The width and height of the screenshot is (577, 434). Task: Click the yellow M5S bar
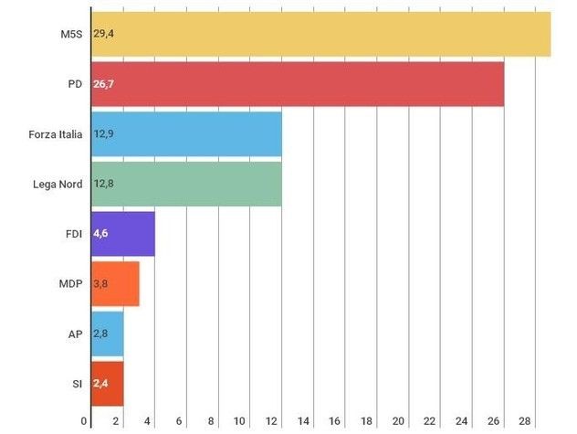tap(320, 34)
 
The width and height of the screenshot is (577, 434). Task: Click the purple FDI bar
tap(122, 234)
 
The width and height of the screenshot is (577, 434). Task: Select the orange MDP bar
tap(115, 284)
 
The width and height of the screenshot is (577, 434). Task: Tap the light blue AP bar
tap(107, 333)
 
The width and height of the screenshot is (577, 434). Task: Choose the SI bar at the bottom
tap(106, 384)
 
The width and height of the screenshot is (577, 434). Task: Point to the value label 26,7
tap(103, 84)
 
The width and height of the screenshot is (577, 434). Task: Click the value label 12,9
tap(103, 134)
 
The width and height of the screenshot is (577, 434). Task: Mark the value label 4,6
tap(102, 234)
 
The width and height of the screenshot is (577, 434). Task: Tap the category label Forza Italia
tap(56, 134)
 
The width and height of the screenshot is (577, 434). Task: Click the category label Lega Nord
tap(58, 184)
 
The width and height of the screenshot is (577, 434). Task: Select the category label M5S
tap(70, 34)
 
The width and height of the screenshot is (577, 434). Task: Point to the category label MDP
tap(70, 284)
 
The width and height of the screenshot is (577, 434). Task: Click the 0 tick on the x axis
tap(85, 421)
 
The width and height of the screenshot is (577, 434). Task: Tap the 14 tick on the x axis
tap(303, 421)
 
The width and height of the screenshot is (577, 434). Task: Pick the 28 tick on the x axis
tap(525, 421)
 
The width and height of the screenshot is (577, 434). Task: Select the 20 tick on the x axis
tap(398, 421)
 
